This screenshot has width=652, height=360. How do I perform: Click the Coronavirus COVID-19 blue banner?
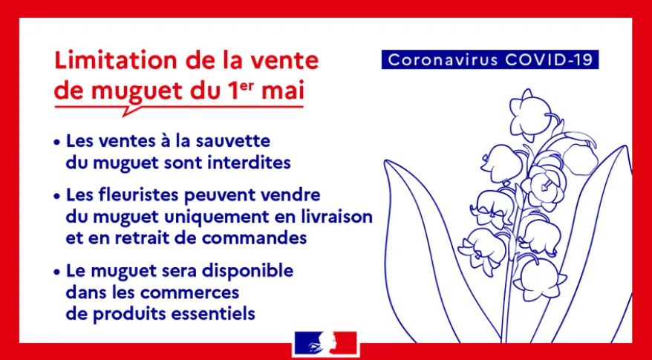490,59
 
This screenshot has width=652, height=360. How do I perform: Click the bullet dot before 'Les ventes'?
56,142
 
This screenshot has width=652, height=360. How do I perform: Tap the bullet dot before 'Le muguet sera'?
56,272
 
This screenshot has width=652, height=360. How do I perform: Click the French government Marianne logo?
325,344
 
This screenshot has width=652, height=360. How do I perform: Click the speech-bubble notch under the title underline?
129,111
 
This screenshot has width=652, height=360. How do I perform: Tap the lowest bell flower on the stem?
539,278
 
